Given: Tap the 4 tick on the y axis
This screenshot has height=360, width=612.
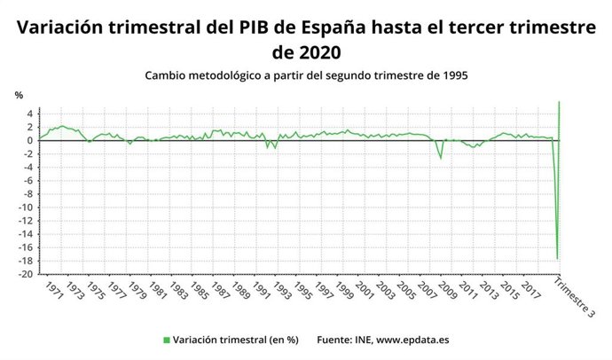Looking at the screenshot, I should click(29, 113).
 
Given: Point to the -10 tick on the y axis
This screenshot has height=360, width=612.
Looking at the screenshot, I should click(27, 207).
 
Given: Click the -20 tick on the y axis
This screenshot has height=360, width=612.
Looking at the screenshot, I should click(27, 275).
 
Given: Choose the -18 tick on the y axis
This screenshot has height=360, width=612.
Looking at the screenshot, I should click(27, 262).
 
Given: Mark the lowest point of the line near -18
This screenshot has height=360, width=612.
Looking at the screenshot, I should click(557, 259).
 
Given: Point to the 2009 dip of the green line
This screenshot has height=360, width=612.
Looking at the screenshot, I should click(441, 159).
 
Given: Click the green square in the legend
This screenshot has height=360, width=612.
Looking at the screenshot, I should click(166, 340).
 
